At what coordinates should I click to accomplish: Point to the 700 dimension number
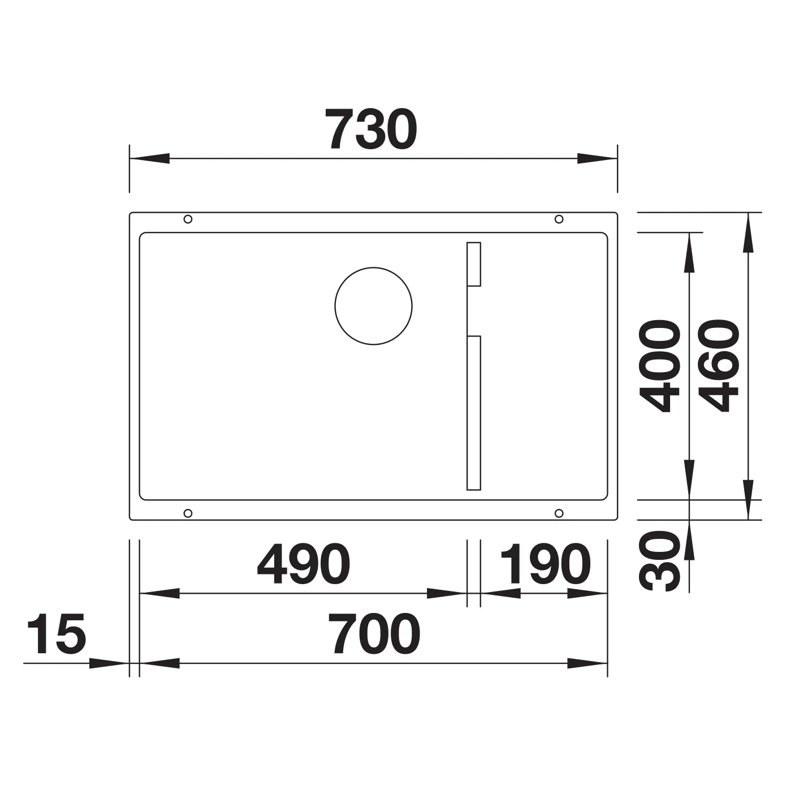(x=374, y=633)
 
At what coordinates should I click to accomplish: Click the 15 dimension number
(x=57, y=633)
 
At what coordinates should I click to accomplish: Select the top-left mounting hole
(x=188, y=219)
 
